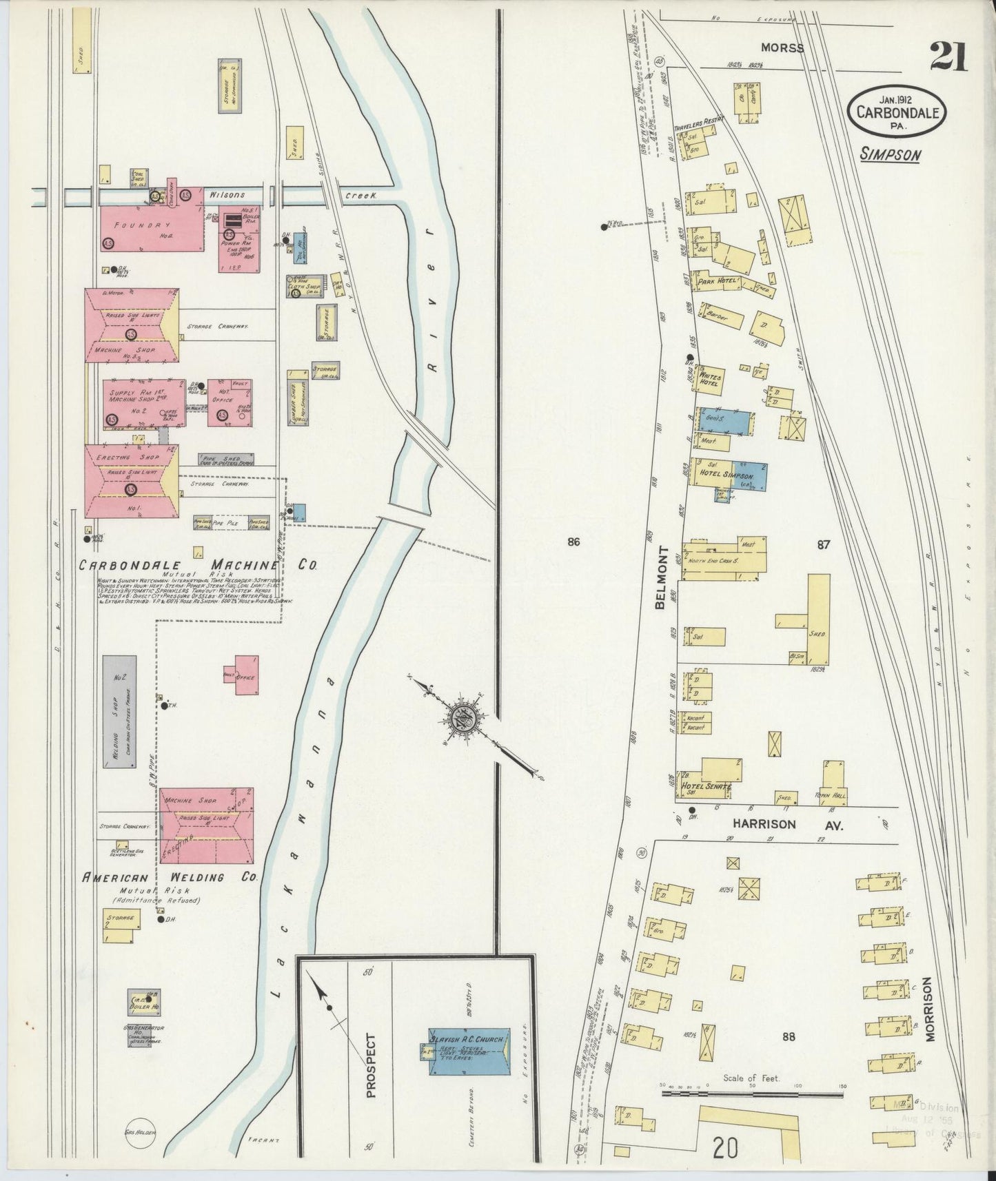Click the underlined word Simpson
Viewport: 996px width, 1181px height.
tap(890, 154)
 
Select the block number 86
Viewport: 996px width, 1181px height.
tap(573, 542)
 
